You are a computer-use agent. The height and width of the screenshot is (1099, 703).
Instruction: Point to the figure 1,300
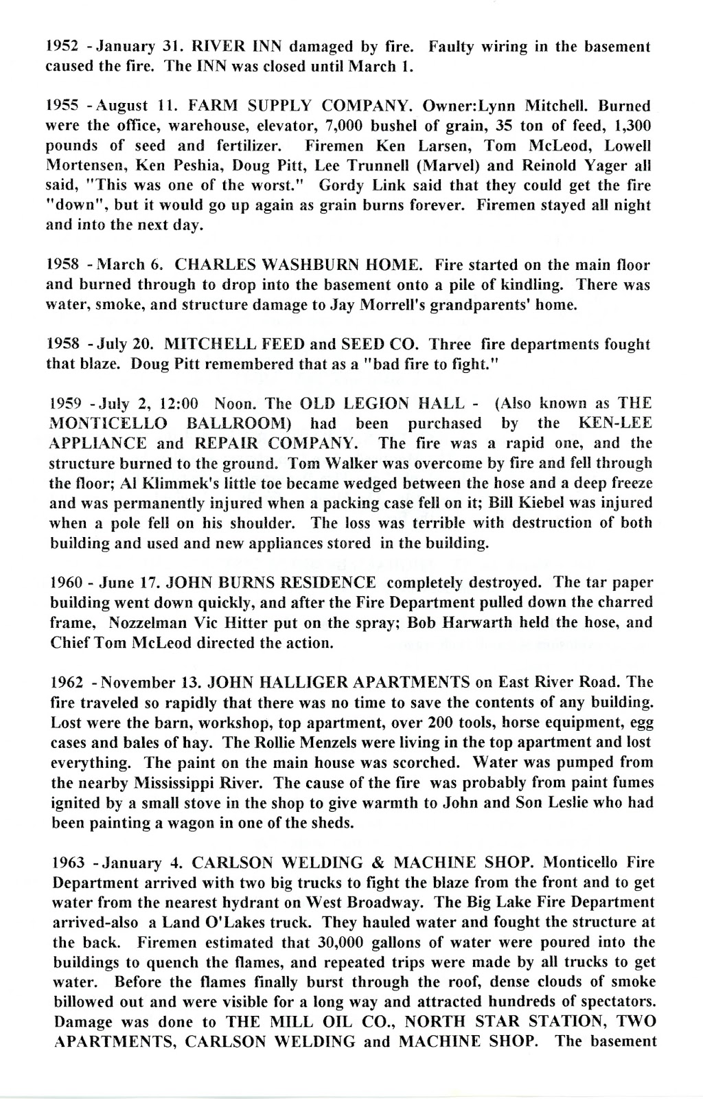tap(629, 126)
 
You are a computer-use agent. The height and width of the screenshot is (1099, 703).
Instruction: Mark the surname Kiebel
tap(558, 483)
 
